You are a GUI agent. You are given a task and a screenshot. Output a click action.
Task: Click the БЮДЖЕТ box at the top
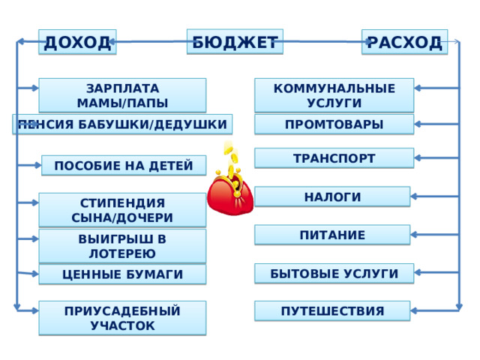235,42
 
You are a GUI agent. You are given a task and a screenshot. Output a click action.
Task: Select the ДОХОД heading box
77,42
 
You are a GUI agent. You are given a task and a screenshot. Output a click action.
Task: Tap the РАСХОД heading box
404,42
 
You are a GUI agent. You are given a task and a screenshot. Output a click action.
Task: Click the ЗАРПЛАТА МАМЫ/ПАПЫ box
122,95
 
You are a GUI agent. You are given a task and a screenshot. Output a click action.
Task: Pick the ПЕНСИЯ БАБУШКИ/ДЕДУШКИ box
122,124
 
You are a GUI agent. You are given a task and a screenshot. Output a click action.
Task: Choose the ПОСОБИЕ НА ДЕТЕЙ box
124,165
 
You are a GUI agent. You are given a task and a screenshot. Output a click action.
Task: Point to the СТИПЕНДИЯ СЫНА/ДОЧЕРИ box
122,210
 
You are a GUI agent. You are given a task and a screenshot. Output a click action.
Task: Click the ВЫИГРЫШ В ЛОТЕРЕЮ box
122,246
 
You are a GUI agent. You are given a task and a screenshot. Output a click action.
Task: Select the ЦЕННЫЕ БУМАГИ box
122,274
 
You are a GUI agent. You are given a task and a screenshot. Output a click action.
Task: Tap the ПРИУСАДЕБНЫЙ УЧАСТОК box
122,317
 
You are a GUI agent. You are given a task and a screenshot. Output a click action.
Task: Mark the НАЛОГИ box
332,196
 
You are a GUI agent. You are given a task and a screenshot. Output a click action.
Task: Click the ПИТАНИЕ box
332,235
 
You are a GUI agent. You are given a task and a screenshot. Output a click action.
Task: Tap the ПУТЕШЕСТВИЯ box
332,310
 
